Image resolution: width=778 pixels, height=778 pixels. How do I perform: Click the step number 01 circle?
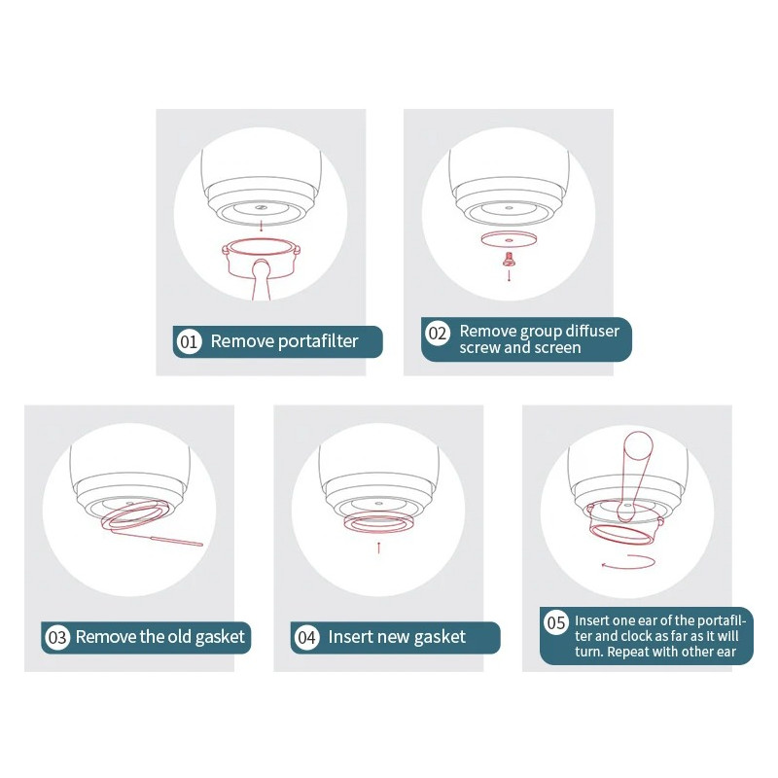[x=189, y=341]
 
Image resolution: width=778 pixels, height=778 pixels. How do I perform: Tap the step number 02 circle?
[x=437, y=333]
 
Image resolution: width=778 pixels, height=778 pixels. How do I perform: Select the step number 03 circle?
[x=57, y=637]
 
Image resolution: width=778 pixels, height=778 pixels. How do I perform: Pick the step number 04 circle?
[x=306, y=637]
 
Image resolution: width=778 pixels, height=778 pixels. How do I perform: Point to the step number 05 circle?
[x=555, y=622]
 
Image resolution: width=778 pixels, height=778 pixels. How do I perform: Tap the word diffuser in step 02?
[x=592, y=331]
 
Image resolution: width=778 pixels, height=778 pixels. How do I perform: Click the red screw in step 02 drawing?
[x=509, y=259]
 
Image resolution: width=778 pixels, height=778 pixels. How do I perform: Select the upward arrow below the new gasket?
[x=378, y=548]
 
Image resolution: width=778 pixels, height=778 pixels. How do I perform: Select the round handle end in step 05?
[x=638, y=445]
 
